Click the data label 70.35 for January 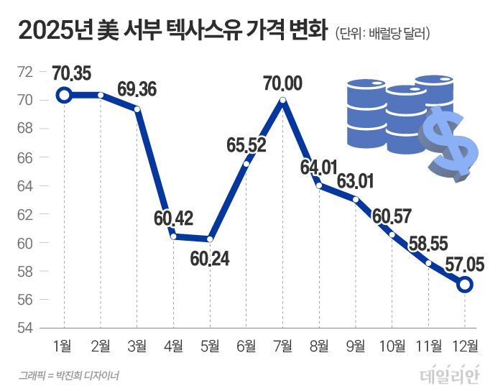click(x=73, y=74)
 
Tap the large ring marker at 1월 click(x=64, y=95)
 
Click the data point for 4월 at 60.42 click(x=173, y=236)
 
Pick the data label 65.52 click(x=246, y=145)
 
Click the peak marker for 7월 click(x=282, y=101)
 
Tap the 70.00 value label click(x=283, y=83)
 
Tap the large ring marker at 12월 click(x=465, y=285)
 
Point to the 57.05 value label click(x=464, y=264)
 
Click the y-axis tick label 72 click(x=25, y=72)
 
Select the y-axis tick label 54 click(x=25, y=328)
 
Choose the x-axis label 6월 click(x=246, y=347)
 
